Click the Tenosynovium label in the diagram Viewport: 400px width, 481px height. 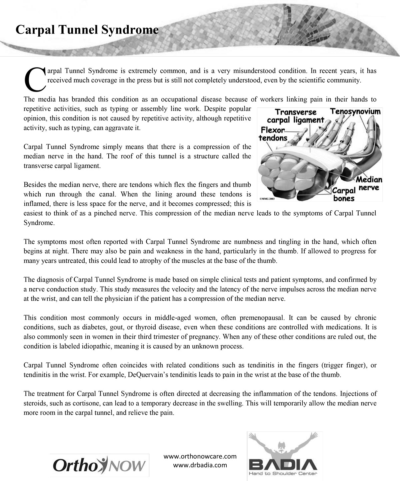tap(355, 112)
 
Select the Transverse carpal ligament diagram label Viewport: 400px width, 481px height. tap(295, 116)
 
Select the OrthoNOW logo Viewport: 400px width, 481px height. tap(100, 465)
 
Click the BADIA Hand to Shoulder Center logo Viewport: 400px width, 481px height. tap(285, 456)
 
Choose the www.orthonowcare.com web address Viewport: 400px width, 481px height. tap(200, 456)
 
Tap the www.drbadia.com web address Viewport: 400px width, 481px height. tap(200, 465)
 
